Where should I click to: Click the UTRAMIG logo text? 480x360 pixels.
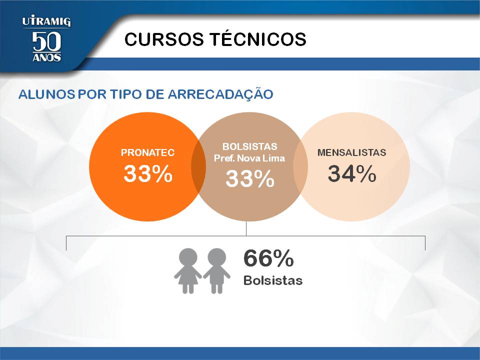pos(46,21)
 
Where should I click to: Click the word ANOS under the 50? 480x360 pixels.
pos(47,57)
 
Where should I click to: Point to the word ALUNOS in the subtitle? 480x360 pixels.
pos(47,94)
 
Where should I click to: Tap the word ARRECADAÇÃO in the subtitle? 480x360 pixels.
pos(220,93)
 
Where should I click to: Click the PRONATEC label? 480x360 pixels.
pos(147,152)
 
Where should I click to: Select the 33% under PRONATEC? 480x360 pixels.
pos(148,173)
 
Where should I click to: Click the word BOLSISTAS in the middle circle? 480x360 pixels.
pos(250,146)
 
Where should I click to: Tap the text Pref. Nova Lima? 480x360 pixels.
pos(249,158)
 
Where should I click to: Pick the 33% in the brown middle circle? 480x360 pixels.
pos(250,178)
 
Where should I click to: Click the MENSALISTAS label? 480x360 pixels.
pos(351,152)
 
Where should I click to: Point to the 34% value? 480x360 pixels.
pos(352,173)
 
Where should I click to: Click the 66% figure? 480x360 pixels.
pos(268,258)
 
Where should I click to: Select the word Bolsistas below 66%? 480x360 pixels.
pos(273,280)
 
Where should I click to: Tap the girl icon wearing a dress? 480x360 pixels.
pos(188,270)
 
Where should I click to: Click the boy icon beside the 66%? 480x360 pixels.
pos(216,270)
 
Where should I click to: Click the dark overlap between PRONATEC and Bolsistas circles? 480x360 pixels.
pos(198,167)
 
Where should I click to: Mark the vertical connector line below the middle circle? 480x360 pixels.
pos(246,228)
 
